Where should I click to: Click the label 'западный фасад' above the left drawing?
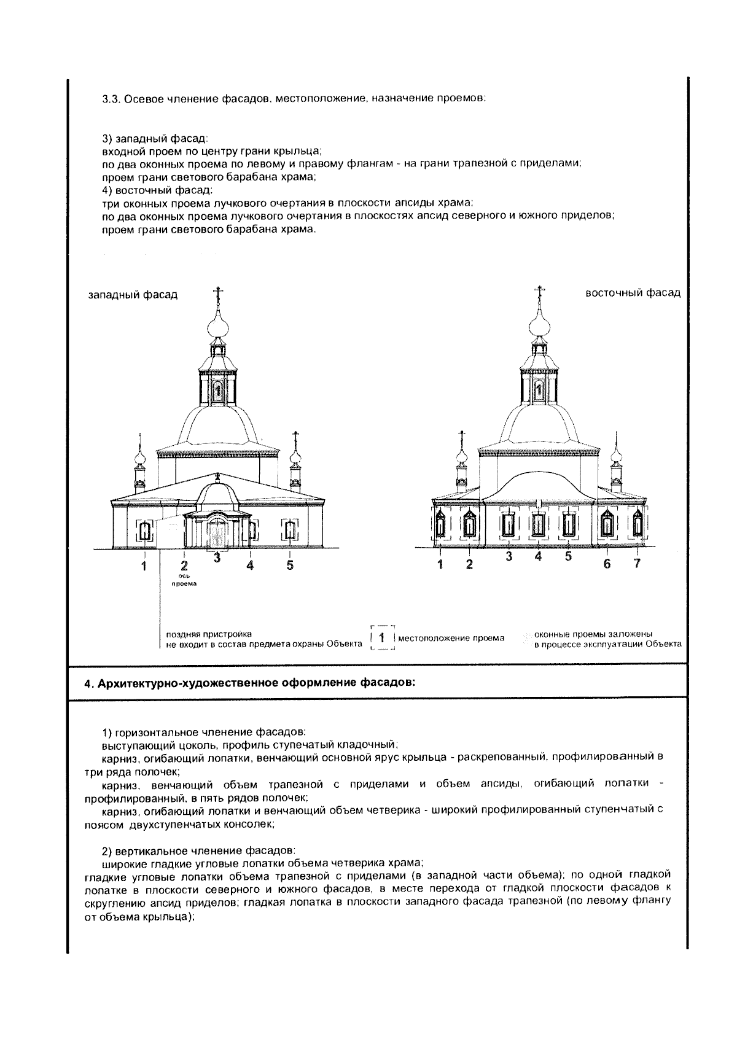pyautogui.click(x=133, y=295)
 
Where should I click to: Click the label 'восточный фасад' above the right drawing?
pyautogui.click(x=633, y=293)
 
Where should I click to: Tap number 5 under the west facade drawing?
pyautogui.click(x=290, y=565)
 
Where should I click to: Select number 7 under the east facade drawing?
pyautogui.click(x=637, y=564)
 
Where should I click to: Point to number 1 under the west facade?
pyautogui.click(x=144, y=566)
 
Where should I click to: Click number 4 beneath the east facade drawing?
pyautogui.click(x=539, y=557)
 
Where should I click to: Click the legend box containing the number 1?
pyautogui.click(x=381, y=638)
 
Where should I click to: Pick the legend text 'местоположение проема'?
pyautogui.click(x=451, y=638)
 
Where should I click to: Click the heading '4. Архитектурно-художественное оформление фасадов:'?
pyautogui.click(x=249, y=683)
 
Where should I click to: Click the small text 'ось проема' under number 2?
pyautogui.click(x=184, y=580)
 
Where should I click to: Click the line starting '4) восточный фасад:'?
pyautogui.click(x=157, y=190)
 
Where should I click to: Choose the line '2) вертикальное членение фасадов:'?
pyautogui.click(x=198, y=851)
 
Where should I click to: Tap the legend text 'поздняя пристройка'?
pyautogui.click(x=209, y=634)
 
